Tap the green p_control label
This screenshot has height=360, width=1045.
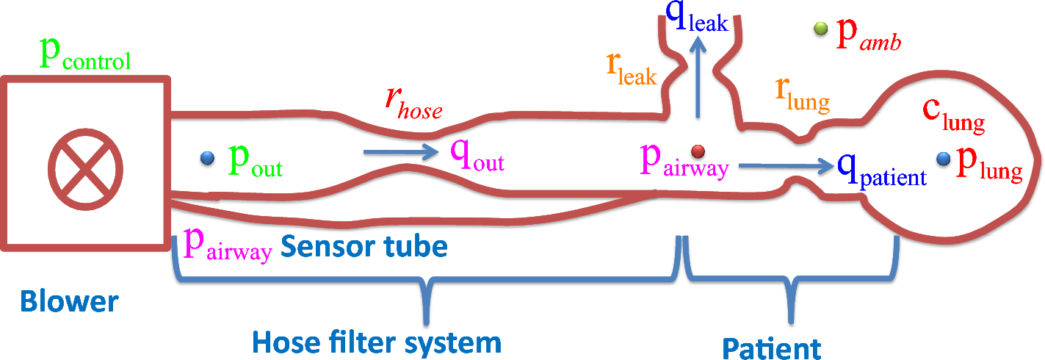[x=84, y=57]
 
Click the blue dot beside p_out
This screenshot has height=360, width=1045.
[x=207, y=157]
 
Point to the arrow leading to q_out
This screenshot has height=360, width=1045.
[x=400, y=153]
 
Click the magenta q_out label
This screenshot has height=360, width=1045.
[x=477, y=157]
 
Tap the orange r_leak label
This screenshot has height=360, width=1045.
[x=631, y=69]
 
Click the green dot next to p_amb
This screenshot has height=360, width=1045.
[x=820, y=29]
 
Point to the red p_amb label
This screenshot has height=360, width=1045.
[x=869, y=40]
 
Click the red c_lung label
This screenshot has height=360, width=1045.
[x=952, y=117]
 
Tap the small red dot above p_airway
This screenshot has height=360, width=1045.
[x=698, y=151]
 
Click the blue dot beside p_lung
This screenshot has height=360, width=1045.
[x=944, y=158]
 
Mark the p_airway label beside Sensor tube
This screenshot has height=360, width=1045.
[x=228, y=245]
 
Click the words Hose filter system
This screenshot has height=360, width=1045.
[x=376, y=342]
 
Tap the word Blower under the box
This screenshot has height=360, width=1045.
[x=68, y=301]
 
